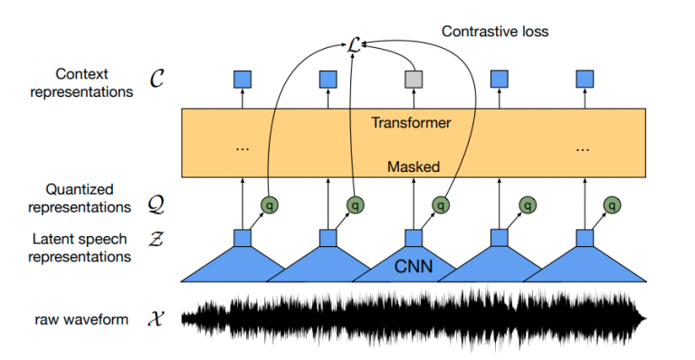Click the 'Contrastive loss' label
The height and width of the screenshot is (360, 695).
coord(494,32)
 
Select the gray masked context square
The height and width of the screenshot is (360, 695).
coord(414,81)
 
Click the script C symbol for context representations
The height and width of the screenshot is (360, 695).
coord(156,81)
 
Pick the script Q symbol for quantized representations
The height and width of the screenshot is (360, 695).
coord(156,206)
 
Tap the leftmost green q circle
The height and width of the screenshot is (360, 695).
coord(269,205)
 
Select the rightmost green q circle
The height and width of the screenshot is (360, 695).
coord(612,205)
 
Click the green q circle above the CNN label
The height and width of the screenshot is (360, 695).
coord(440,205)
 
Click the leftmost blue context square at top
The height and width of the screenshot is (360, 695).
coord(242,81)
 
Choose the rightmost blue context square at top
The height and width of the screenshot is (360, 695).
coord(585,81)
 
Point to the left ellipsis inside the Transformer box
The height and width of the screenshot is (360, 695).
coord(242,147)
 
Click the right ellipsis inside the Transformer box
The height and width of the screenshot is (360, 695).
coord(585,147)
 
